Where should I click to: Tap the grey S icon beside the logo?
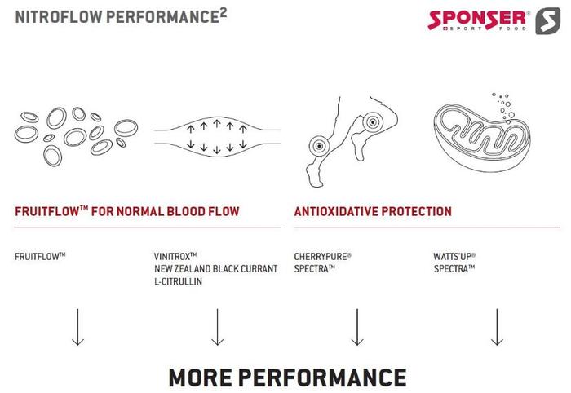point(548,21)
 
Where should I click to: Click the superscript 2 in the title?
point(224,14)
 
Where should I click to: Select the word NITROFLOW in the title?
point(60,17)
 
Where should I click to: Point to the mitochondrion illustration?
point(481,136)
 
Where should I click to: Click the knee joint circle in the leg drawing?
point(373,122)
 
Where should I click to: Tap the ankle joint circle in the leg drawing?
point(319,146)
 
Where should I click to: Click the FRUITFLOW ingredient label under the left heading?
point(40,256)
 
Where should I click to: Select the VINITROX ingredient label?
point(175,256)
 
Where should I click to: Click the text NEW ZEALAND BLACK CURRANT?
point(215,269)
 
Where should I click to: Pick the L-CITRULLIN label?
point(178,281)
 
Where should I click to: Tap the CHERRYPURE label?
point(323,256)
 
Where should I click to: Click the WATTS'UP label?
point(454,256)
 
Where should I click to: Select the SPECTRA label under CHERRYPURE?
point(314,269)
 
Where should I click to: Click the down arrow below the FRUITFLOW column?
point(77,327)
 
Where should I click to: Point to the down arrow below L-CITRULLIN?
point(218,327)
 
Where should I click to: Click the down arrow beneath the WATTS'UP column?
point(497,327)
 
